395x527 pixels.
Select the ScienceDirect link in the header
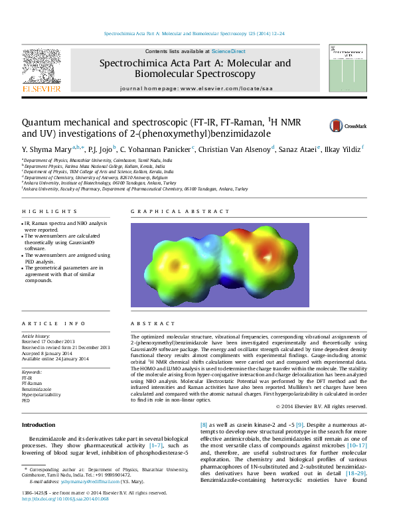click(x=228, y=51)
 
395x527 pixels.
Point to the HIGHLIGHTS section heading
click(x=40, y=212)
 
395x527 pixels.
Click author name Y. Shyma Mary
click(x=44, y=149)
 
